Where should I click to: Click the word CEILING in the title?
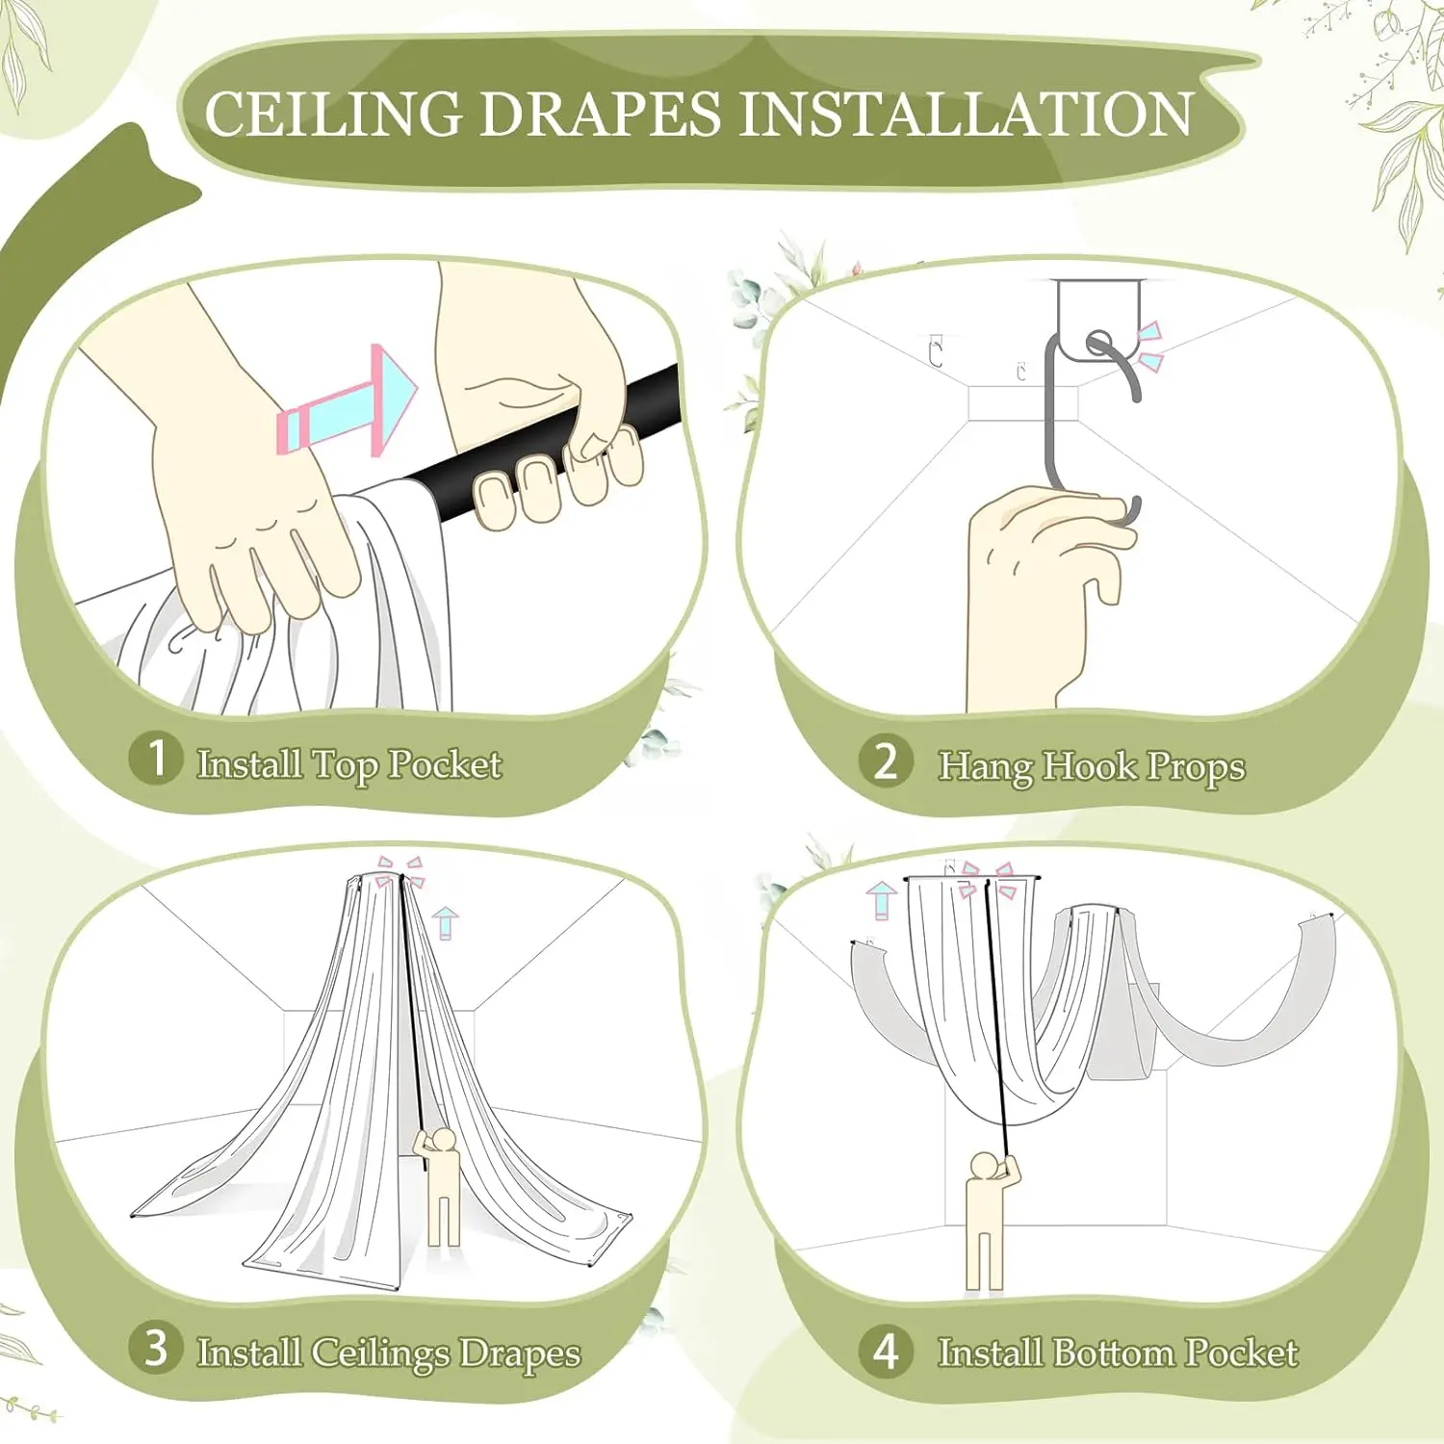[334, 115]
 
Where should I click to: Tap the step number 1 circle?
[155, 758]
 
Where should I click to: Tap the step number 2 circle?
[886, 761]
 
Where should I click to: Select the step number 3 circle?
[155, 1348]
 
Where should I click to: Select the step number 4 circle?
[886, 1350]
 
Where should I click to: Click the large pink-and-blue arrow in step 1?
[348, 401]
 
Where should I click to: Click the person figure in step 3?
[439, 1185]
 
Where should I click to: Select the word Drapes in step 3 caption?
[520, 1354]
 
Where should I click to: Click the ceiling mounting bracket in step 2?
[1097, 321]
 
